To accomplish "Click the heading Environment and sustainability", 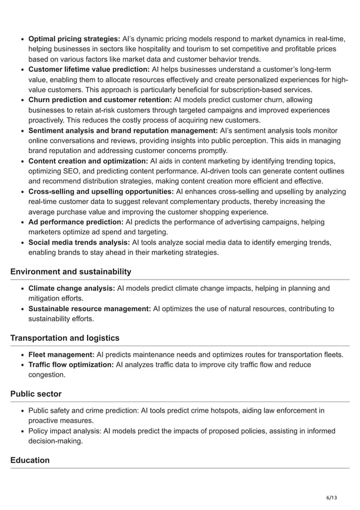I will (71, 272).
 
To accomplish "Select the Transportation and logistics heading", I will (65, 338).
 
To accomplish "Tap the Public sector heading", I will (36, 394).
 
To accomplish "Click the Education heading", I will (30, 460).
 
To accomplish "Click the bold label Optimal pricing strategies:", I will (74, 39).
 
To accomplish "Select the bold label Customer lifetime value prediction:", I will (89, 69).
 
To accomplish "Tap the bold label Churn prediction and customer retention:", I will (100, 100).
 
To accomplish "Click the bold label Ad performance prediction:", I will (76, 222).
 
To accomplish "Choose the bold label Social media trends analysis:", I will (79, 242).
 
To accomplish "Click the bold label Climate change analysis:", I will (71, 289).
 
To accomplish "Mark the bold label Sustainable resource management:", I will (89, 309).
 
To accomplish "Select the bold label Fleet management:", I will (61, 355).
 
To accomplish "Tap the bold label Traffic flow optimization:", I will (71, 365).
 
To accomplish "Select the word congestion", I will (47, 375).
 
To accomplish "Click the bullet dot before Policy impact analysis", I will (21, 431).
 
